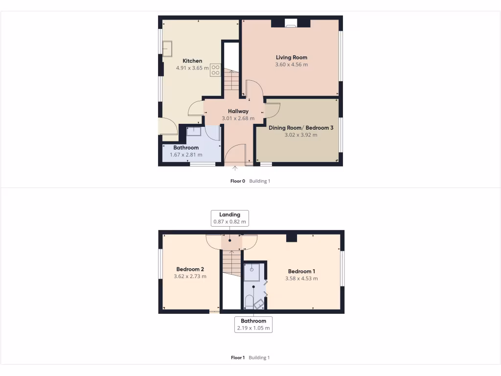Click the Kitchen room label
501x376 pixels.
pos(192,61)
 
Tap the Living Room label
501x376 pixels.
pos(292,57)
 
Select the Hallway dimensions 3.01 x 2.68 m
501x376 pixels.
pos(238,118)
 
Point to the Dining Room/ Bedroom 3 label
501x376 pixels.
pos(301,128)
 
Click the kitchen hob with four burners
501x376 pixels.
pos(215,70)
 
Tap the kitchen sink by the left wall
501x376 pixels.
pos(168,48)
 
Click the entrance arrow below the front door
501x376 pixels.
pos(235,168)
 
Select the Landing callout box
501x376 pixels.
pos(229,218)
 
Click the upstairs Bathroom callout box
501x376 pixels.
pos(253,325)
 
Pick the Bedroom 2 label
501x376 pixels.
pos(190,269)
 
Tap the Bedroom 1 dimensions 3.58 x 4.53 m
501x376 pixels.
pos(301,279)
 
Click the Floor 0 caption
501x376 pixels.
pos(237,181)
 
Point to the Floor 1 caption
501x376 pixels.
pos(237,358)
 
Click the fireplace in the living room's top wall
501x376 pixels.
pos(291,22)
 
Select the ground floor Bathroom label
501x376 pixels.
pos(186,148)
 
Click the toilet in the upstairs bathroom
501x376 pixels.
pos(249,301)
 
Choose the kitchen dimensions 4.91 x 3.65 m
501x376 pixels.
pos(192,68)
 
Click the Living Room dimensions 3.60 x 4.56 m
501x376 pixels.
pos(292,65)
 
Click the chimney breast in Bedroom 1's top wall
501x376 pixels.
pos(292,238)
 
